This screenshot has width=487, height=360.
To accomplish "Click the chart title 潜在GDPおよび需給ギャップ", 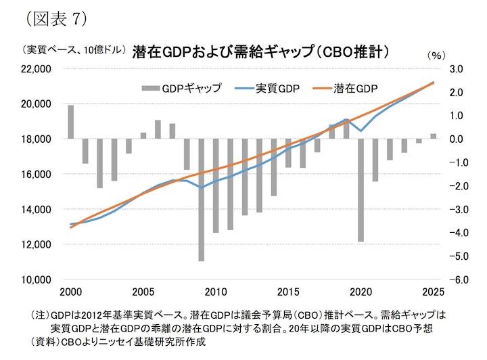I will point(264,51).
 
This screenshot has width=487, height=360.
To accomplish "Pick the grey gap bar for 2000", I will point(70,122).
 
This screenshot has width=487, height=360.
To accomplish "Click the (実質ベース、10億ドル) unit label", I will point(74,50).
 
